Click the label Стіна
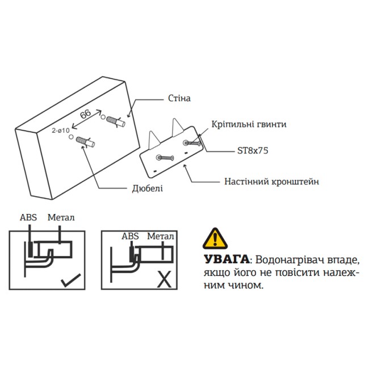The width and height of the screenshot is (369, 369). click(179, 99)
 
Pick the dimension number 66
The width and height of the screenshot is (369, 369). click(86, 114)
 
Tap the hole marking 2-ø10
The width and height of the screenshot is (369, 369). click(60, 131)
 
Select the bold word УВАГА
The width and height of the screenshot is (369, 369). click(226, 259)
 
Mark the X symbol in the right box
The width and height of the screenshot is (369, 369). click(164, 278)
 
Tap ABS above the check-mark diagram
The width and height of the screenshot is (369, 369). click(28, 217)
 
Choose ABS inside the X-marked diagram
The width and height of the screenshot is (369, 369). click(130, 236)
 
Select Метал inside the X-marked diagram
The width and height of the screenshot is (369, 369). click(160, 236)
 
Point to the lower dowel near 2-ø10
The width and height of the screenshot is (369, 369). click(86, 141)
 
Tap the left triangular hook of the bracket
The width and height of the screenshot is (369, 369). click(153, 139)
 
